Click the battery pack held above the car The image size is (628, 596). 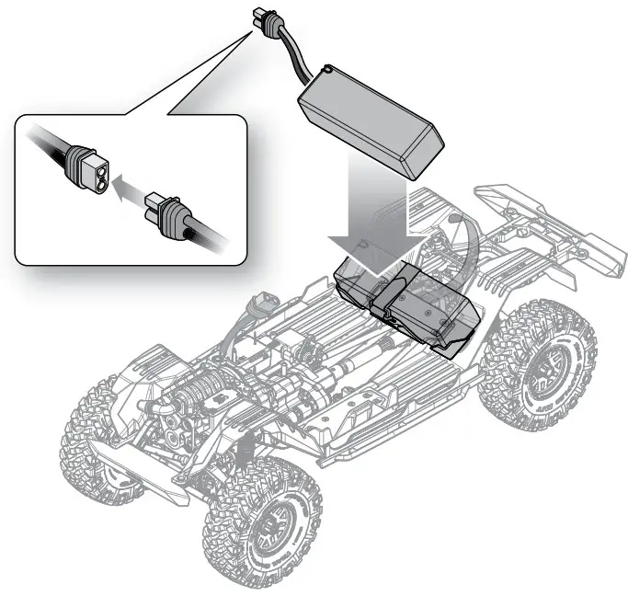tap(372, 120)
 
